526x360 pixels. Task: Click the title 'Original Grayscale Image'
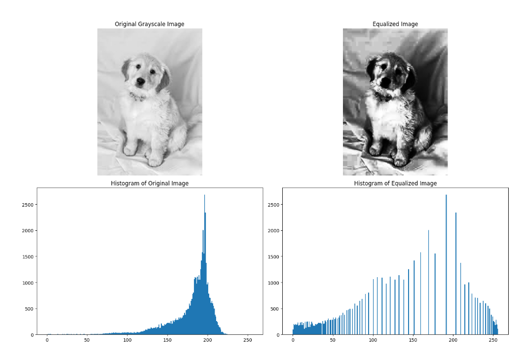[x=149, y=24]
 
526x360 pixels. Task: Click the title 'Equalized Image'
[x=395, y=24]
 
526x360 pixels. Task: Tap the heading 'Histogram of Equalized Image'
[x=395, y=183]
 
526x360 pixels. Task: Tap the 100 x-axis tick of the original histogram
[x=127, y=340]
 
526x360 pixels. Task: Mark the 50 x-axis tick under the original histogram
[x=87, y=340]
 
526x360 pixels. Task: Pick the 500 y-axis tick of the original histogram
[x=29, y=309]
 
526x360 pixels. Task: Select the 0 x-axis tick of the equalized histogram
[x=293, y=340]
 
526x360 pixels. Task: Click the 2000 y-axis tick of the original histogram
[x=28, y=231]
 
